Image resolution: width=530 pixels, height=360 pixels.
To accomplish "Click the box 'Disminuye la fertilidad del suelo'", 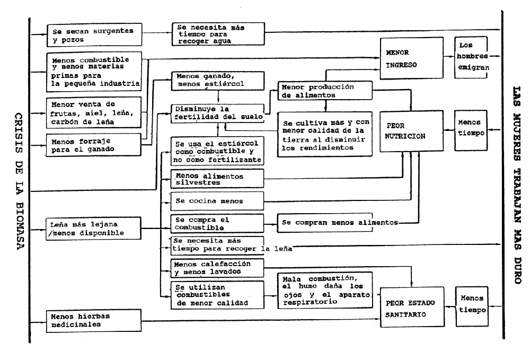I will point(217,113).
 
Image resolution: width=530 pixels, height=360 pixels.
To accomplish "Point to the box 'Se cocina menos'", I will point(217,201).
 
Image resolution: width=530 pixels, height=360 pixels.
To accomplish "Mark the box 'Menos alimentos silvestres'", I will point(217,179).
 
